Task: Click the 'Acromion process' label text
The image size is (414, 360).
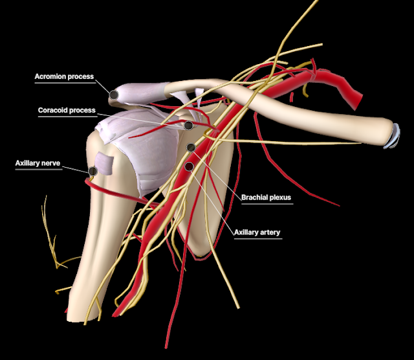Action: click(64, 76)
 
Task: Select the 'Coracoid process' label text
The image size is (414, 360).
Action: click(67, 110)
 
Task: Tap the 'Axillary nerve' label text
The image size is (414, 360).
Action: click(38, 164)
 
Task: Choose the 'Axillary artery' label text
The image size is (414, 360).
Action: click(257, 232)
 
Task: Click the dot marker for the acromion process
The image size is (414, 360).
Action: click(114, 95)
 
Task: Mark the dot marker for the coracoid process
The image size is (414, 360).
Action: click(188, 126)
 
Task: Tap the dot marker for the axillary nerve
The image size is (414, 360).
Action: click(93, 171)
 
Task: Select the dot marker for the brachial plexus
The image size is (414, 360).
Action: click(191, 148)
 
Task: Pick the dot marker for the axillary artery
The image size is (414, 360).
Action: click(189, 166)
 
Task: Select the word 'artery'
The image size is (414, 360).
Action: click(270, 232)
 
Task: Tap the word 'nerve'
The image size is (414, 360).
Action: click(52, 164)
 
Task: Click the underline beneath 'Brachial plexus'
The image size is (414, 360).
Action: click(267, 204)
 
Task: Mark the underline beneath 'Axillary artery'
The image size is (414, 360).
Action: click(257, 238)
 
